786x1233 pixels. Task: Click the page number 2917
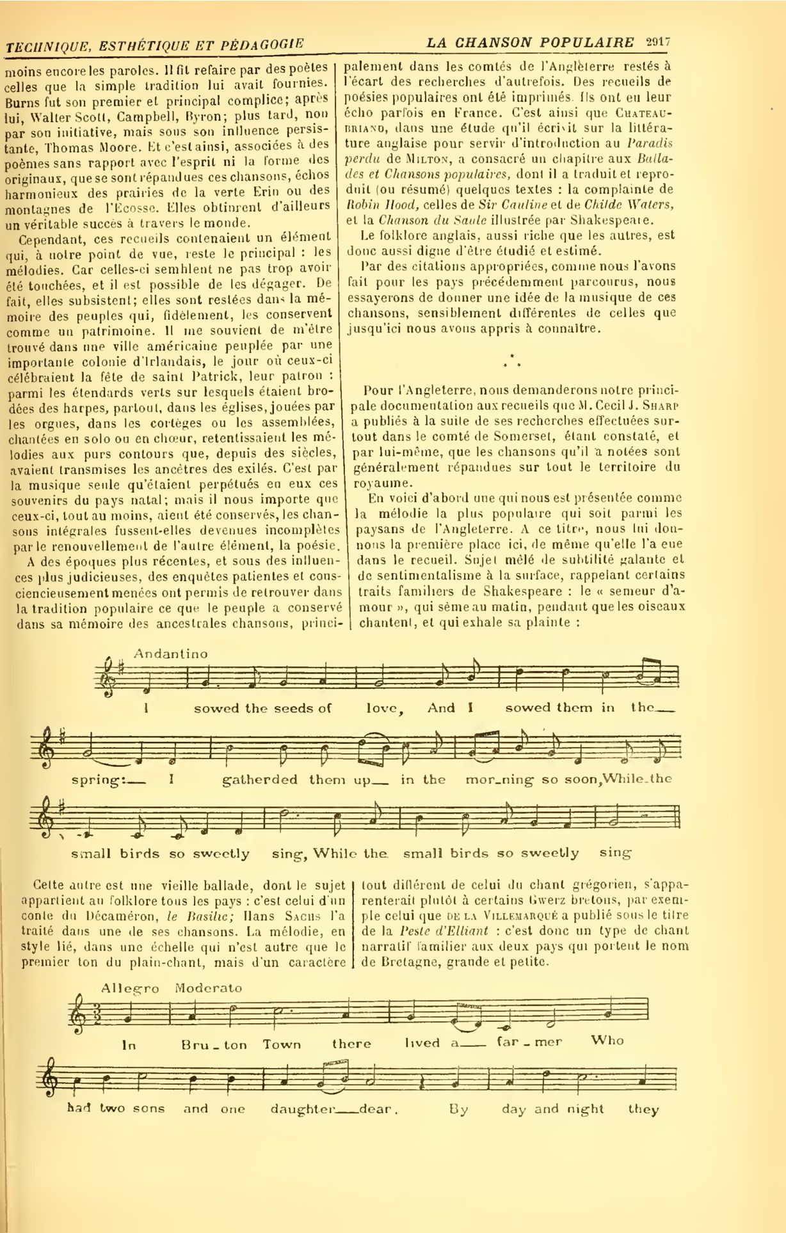tap(654, 42)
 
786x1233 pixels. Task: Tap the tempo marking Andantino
tap(171, 654)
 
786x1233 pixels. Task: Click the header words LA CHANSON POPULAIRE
tap(530, 43)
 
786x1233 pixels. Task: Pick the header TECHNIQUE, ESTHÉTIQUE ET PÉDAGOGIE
tap(154, 45)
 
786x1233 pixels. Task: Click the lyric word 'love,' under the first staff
tap(384, 709)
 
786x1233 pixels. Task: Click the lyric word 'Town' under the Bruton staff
tap(282, 1044)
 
